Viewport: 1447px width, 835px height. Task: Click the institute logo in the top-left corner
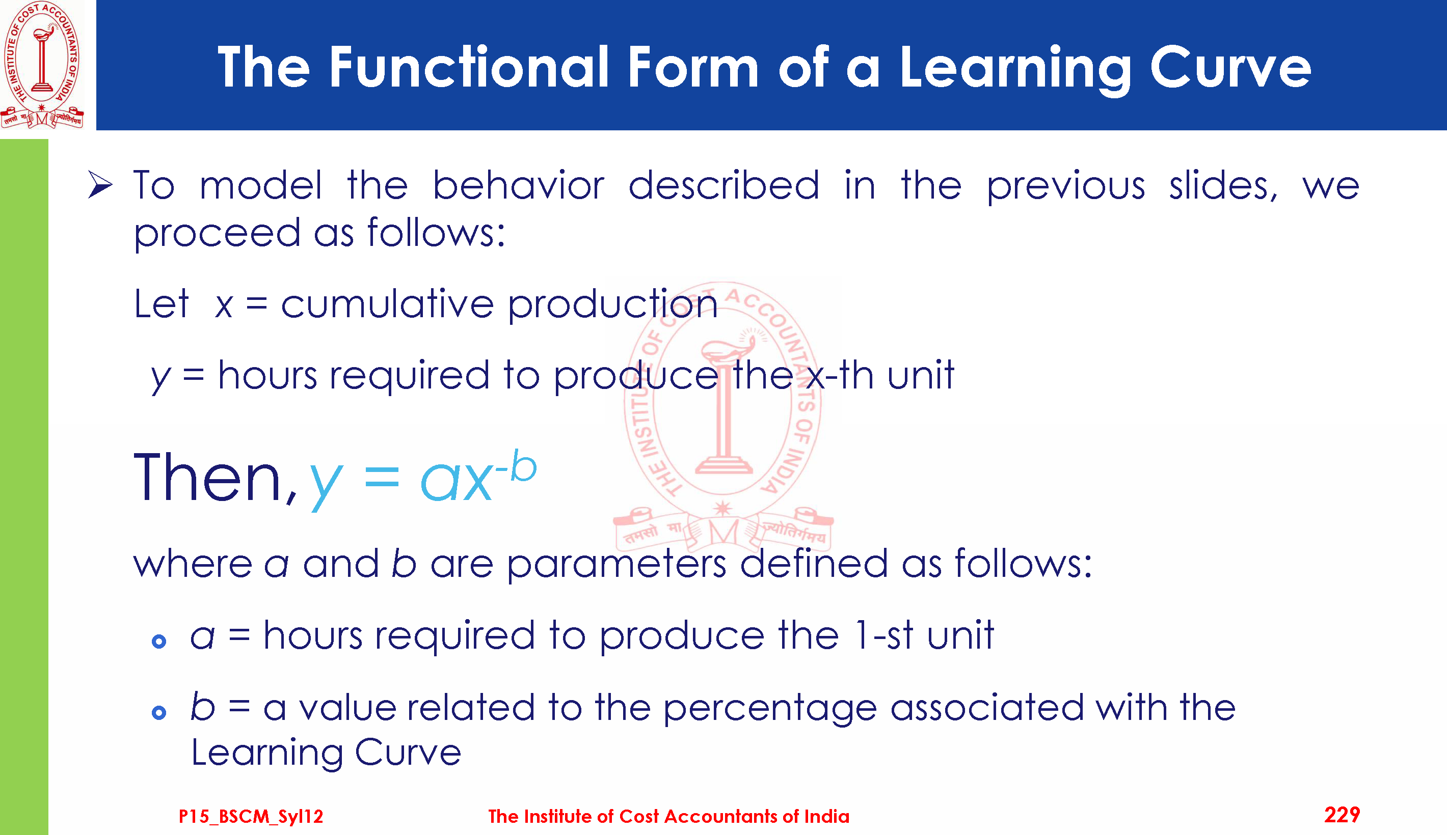coord(42,64)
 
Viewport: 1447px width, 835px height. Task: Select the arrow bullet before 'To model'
coord(100,185)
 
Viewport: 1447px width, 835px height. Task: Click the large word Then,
coord(216,478)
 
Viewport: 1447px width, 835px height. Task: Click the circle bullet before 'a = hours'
coord(159,641)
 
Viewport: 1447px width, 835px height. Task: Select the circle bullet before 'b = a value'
coord(159,713)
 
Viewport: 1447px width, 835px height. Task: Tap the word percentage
coord(770,708)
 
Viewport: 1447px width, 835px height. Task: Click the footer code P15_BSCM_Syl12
coord(251,816)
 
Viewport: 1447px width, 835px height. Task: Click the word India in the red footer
coord(827,816)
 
